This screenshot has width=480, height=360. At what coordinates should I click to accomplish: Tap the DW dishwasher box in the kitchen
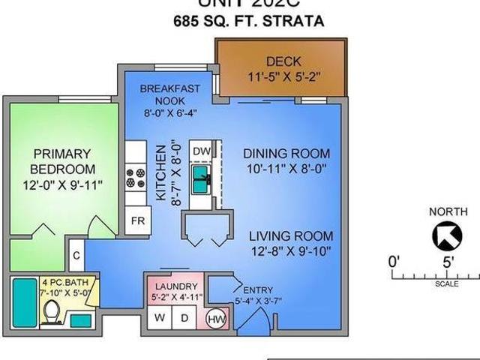[x=201, y=151]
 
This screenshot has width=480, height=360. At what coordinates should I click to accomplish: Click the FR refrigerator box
[x=139, y=220]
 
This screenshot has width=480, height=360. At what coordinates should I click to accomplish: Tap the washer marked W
[x=159, y=317]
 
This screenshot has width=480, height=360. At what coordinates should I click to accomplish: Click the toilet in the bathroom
[x=52, y=310]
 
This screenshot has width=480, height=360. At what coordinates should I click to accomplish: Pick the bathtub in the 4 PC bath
[x=22, y=302]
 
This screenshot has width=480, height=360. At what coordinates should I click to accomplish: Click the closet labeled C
[x=76, y=254]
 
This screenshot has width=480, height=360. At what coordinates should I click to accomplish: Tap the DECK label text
[x=281, y=61]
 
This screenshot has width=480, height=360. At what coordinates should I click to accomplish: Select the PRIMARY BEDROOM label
[x=62, y=161]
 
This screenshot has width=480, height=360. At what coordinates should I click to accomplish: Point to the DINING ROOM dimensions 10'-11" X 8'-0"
[x=286, y=170]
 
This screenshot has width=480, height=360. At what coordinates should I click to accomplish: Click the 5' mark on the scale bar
[x=448, y=262]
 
